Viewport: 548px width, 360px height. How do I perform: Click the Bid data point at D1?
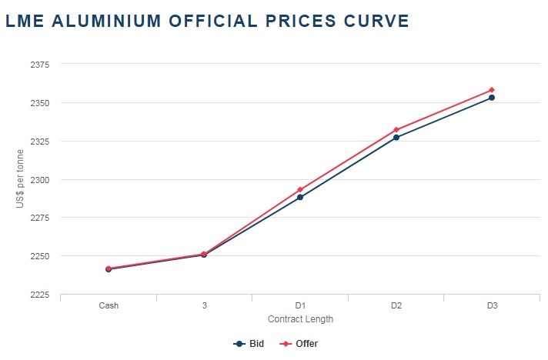(300, 197)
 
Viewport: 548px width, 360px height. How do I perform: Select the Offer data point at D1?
(300, 189)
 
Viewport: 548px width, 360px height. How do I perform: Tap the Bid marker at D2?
(396, 138)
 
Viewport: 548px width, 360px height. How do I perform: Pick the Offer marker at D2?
(396, 129)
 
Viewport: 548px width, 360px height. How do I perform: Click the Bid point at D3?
(492, 98)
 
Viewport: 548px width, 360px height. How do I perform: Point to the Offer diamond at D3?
(492, 90)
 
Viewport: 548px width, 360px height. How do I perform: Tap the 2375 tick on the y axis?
(39, 65)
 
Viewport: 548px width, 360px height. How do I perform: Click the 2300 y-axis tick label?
(39, 179)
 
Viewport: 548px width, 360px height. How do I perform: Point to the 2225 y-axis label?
(39, 295)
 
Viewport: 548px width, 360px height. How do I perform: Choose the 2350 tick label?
(39, 103)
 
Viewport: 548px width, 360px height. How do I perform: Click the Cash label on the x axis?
(109, 305)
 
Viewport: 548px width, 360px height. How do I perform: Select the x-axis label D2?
(396, 305)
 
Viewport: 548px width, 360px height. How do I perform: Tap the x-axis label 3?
(205, 305)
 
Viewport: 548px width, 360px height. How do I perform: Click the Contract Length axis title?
(300, 318)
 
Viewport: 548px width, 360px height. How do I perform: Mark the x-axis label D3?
(492, 305)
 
